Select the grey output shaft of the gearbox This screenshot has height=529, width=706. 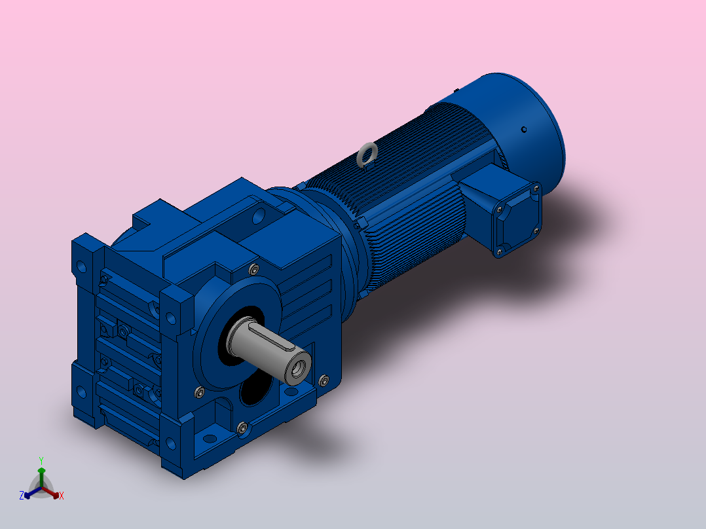pos(269,349)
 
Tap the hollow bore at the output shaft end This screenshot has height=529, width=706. pos(298,369)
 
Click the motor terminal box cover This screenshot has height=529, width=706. pos(518,220)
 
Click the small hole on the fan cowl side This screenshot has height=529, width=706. pos(524,130)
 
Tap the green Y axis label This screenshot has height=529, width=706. pos(41,460)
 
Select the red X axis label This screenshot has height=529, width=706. pos(62,496)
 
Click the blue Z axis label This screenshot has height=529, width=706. pos(21,495)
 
